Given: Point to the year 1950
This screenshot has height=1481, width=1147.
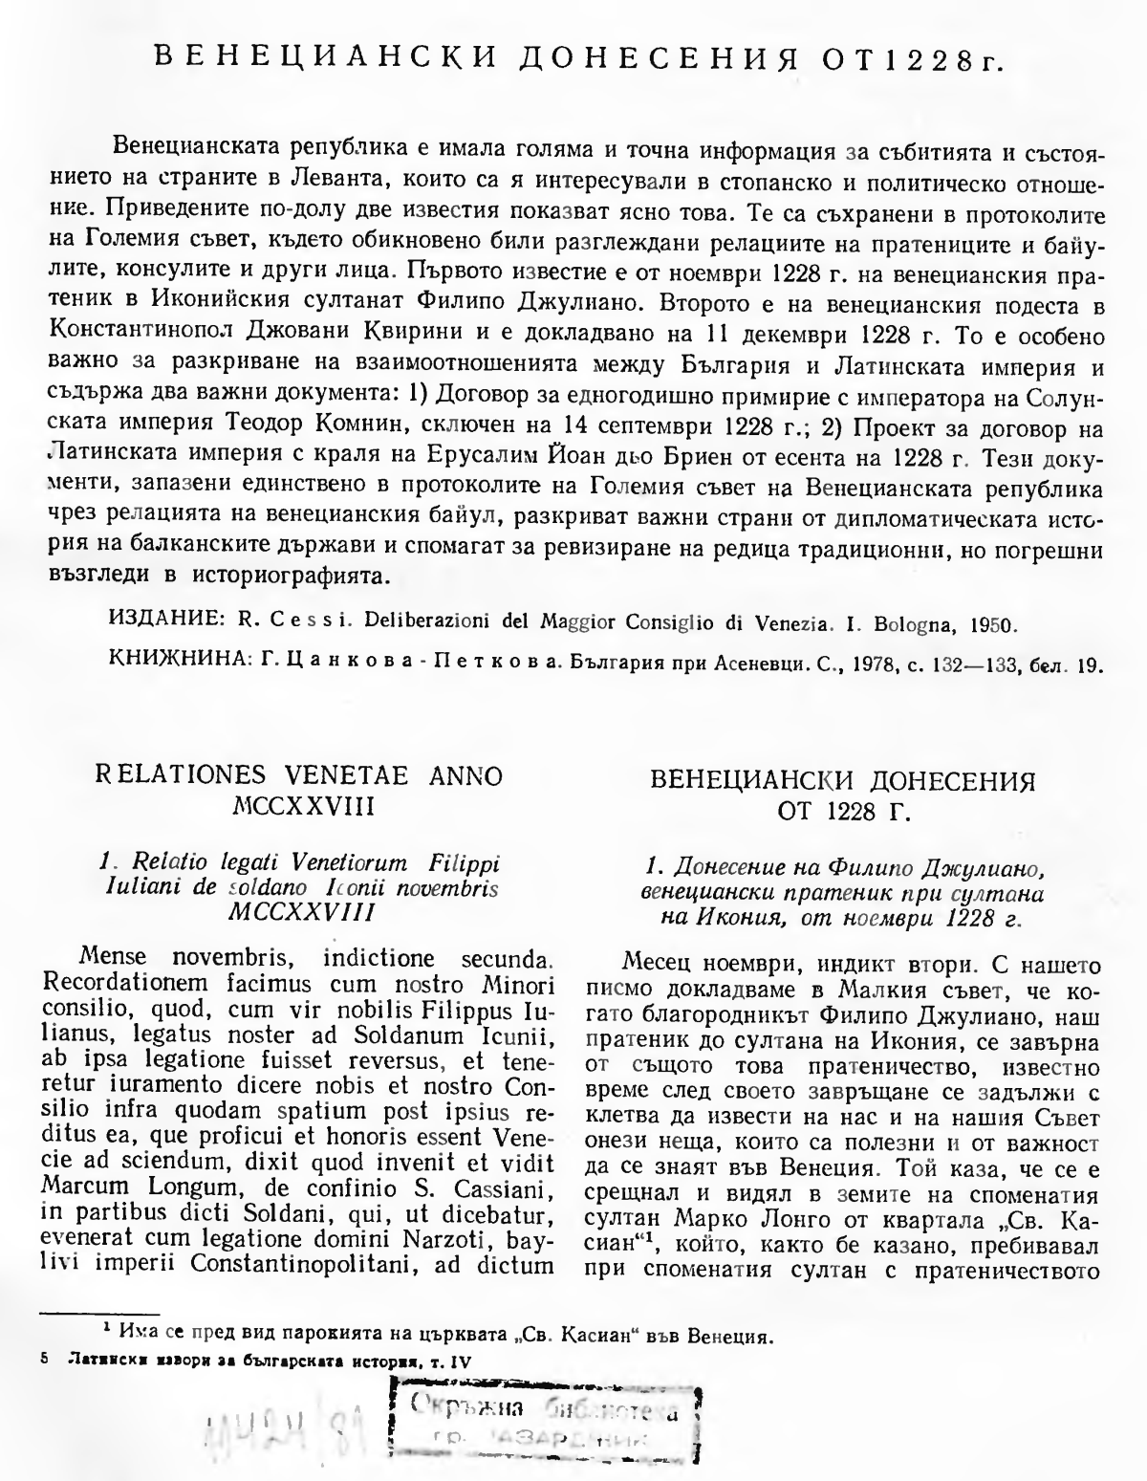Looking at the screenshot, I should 986,624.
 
